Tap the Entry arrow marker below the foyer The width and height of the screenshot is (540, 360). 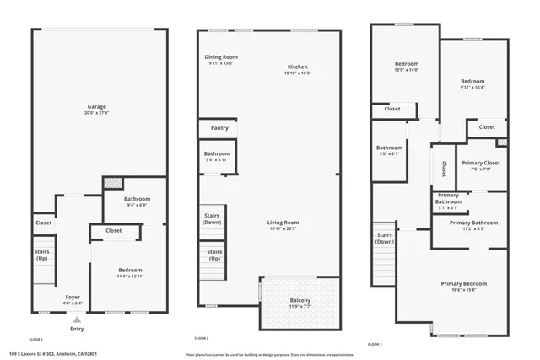tap(77, 320)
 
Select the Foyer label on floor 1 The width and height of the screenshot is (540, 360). tap(73, 298)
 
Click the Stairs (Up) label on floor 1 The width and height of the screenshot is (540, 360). tap(42, 255)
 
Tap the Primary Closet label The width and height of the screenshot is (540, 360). tap(481, 165)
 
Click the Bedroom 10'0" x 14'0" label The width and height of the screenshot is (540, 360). tap(407, 67)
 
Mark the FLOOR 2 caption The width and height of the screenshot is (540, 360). tap(202, 338)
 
